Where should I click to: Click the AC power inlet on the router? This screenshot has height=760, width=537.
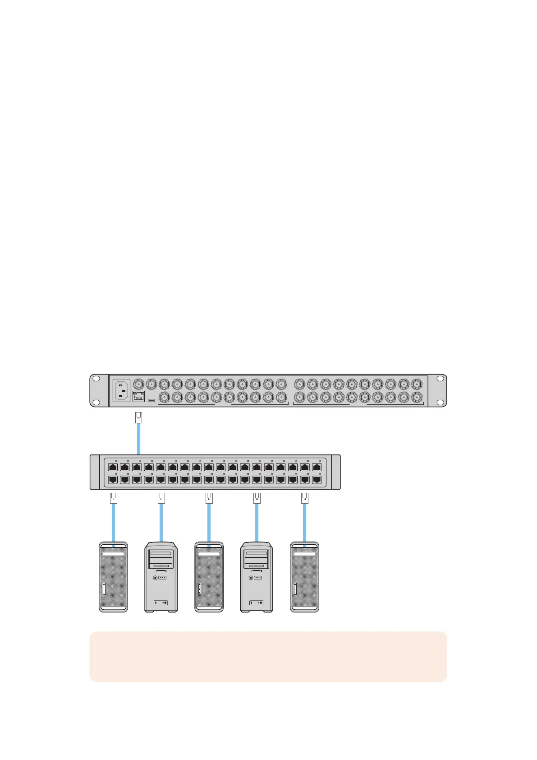pyautogui.click(x=121, y=390)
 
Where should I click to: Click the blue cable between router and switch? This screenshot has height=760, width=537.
pyautogui.click(x=138, y=438)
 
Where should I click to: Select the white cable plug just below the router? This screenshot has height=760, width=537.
pyautogui.click(x=139, y=417)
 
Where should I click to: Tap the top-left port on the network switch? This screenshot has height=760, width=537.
pyautogui.click(x=113, y=468)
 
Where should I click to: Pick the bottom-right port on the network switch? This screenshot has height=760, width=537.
pyautogui.click(x=317, y=480)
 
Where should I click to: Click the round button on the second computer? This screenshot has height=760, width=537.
pyautogui.click(x=156, y=577)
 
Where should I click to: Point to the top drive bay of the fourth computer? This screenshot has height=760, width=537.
pyautogui.click(x=257, y=554)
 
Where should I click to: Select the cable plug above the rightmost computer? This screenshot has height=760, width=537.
pyautogui.click(x=305, y=498)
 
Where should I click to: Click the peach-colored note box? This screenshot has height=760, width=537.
pyautogui.click(x=268, y=656)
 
